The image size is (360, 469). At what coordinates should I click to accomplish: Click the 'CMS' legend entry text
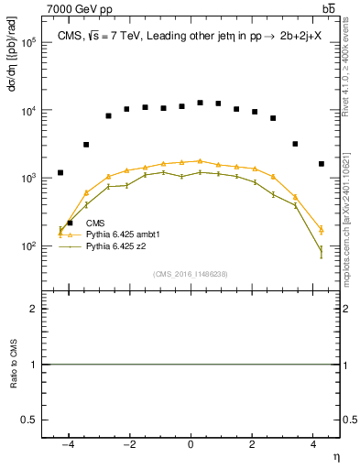[x=94, y=223]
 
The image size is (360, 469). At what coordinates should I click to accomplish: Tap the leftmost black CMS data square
[x=60, y=172]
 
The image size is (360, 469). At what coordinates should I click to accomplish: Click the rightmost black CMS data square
[x=321, y=164]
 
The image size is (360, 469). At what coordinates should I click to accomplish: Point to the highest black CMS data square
[x=200, y=103]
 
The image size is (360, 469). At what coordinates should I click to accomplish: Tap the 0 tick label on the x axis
[x=191, y=446]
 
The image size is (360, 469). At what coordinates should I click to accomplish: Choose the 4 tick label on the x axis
[x=313, y=446]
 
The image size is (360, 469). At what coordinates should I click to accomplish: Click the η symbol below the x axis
[x=335, y=457]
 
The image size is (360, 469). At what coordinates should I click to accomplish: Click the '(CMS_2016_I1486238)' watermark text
[x=190, y=274]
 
